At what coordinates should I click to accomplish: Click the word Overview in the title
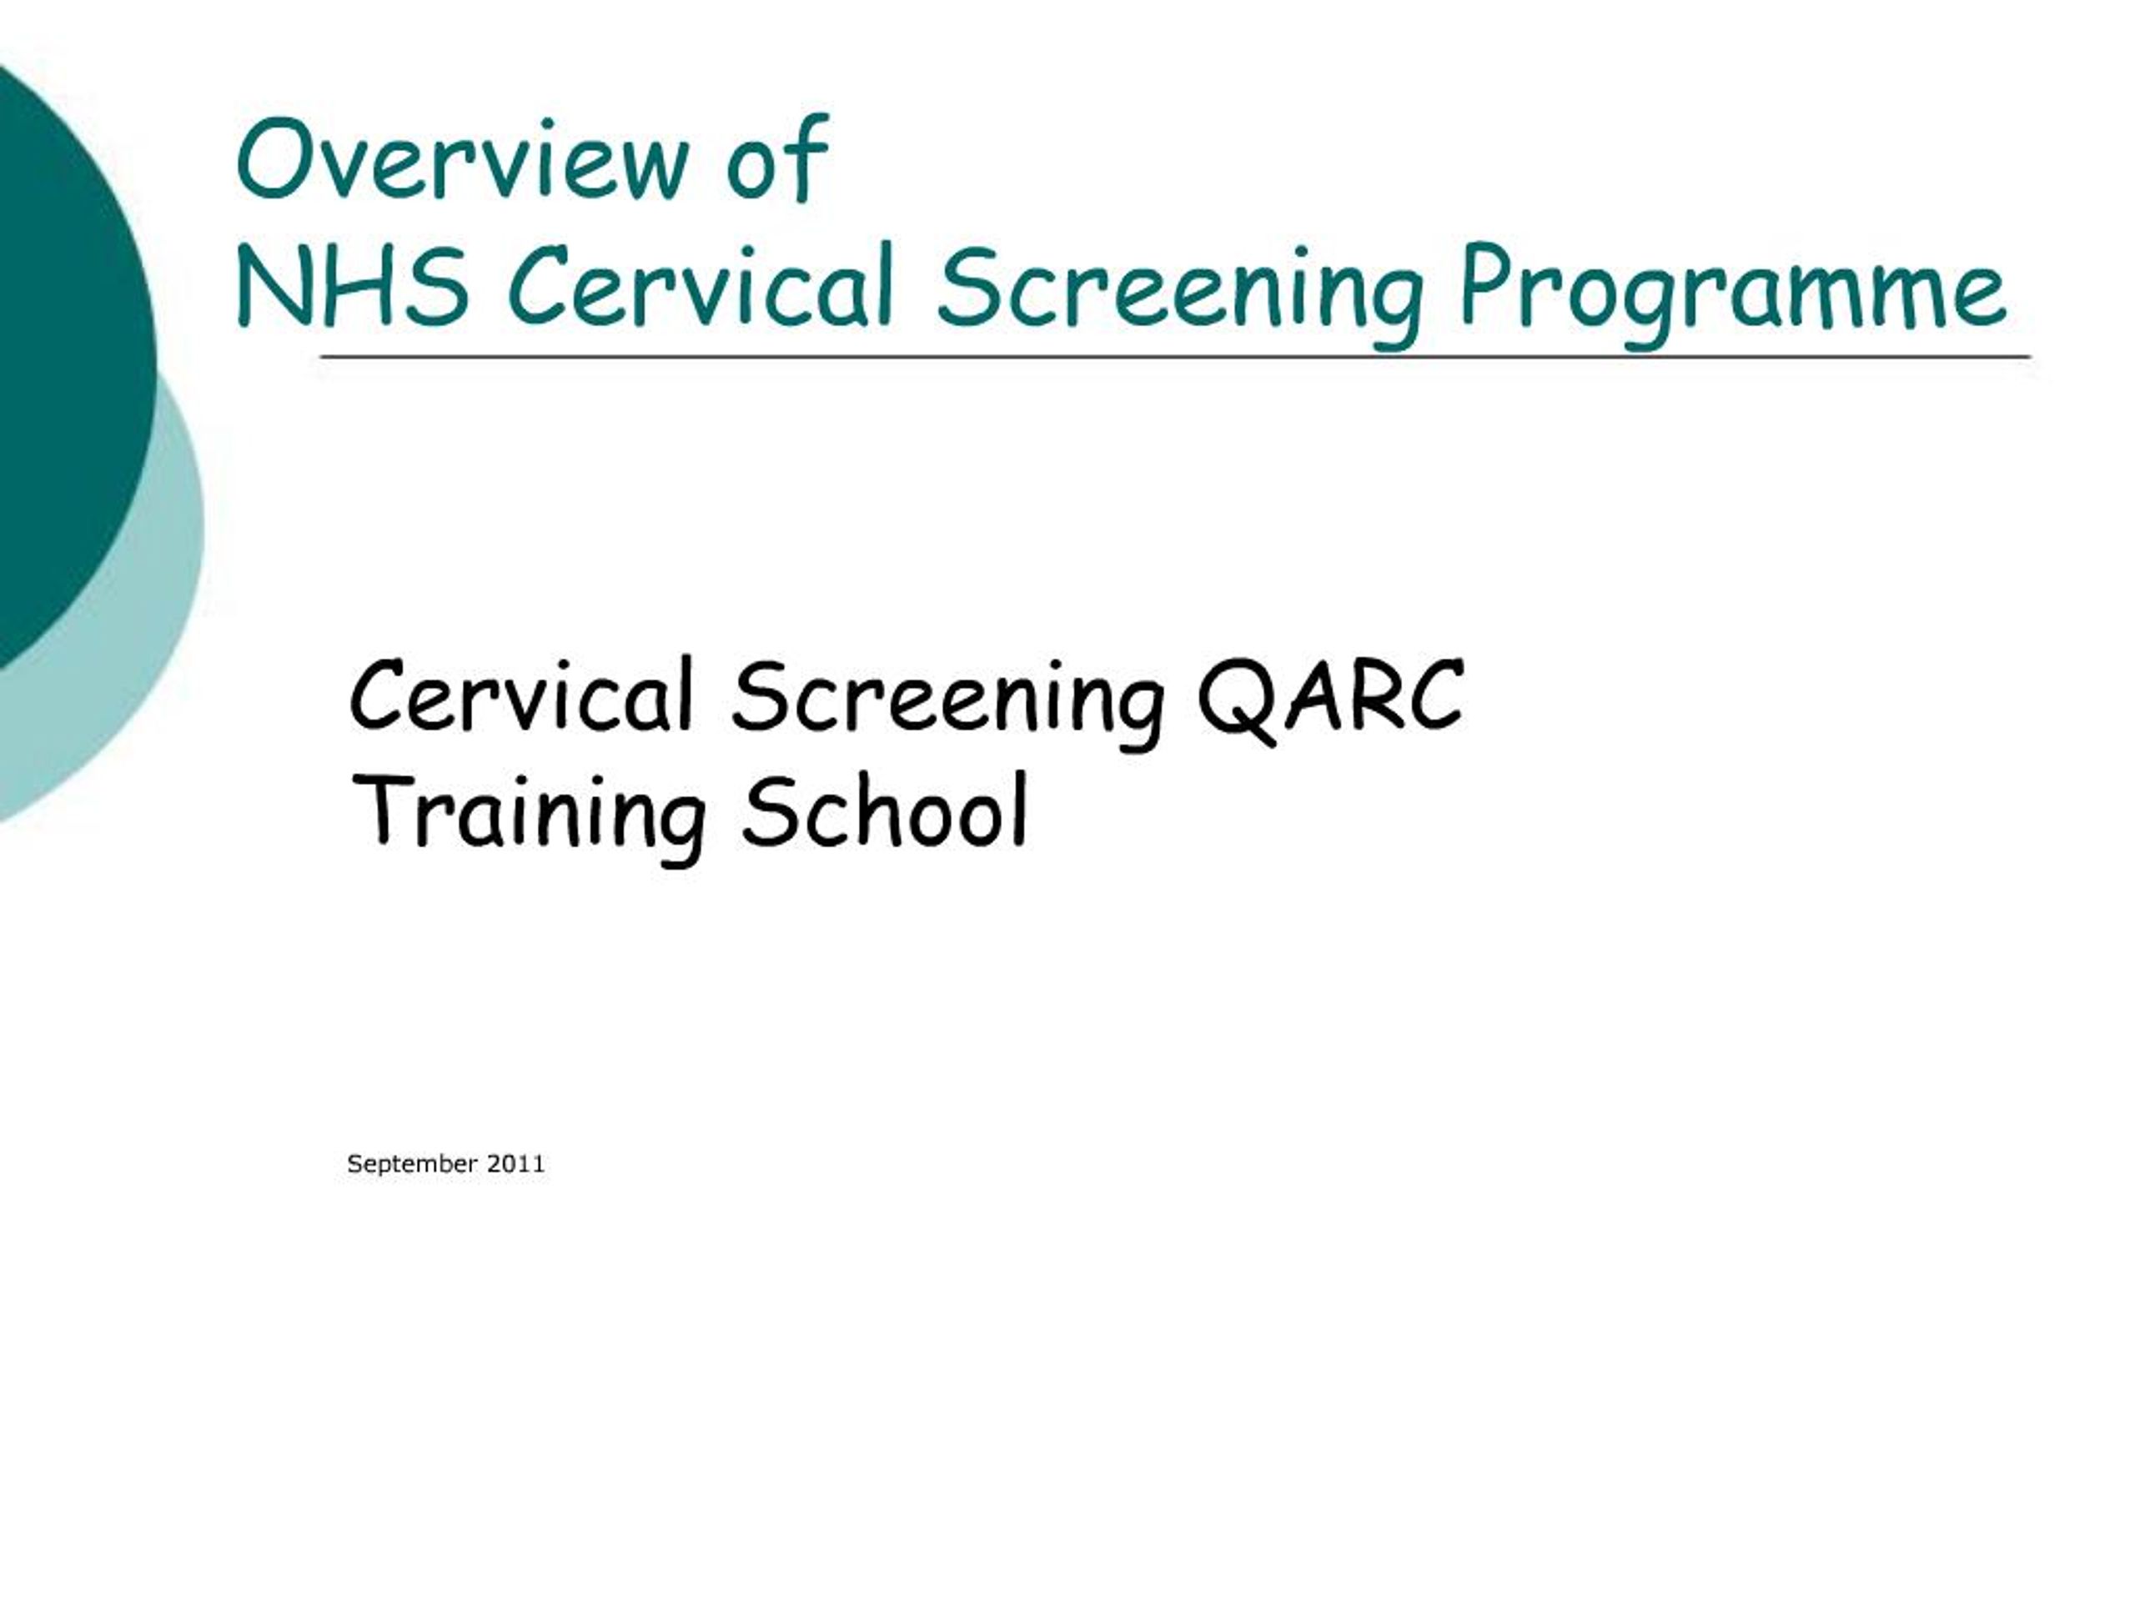462,159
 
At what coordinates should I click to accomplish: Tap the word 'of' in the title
777,159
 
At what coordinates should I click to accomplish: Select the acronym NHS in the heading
352,286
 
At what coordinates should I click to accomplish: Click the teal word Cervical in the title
700,286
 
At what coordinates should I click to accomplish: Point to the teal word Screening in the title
1179,289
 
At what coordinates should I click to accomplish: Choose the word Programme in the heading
1732,289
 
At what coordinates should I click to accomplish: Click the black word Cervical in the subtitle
521,697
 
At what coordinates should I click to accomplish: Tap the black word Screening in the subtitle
947,700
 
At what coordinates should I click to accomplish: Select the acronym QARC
1330,697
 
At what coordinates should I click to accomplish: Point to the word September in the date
412,1164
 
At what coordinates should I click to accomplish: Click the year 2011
515,1164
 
